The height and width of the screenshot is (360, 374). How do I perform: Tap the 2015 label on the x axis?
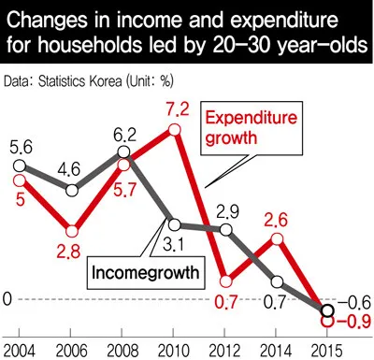[x=326, y=348]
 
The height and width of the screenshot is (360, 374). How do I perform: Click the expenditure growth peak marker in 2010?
[x=174, y=129]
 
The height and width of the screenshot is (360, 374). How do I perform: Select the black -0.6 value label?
[x=352, y=301]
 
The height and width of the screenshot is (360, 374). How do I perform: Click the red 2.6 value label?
[x=278, y=222]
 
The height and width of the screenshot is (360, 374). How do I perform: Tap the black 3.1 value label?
[x=172, y=247]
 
